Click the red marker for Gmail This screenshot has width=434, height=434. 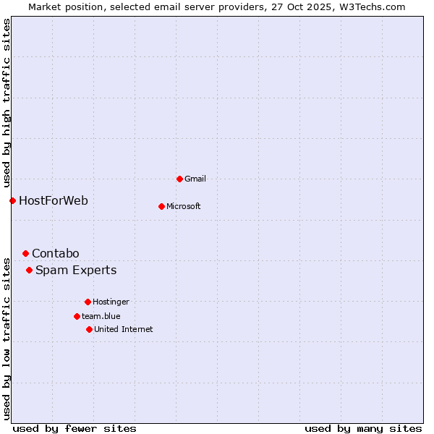coord(179,179)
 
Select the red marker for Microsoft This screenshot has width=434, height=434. coord(161,206)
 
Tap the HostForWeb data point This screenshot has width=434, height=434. coord(12,200)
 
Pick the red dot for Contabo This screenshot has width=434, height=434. coord(25,253)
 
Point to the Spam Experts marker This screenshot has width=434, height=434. coord(29,271)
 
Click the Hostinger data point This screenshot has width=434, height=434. coord(88,302)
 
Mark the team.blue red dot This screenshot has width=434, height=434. coord(77,316)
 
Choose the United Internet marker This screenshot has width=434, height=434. coord(89,329)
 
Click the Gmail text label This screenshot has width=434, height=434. coord(195,179)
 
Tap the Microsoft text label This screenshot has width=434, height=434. coord(184,206)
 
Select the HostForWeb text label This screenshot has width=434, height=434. coord(54,200)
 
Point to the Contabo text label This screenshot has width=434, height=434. coord(56,253)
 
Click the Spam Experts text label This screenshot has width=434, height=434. coord(76,271)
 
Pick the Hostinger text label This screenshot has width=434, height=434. coord(111,302)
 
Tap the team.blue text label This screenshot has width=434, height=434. coord(101,316)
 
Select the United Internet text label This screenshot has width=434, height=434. coord(124,329)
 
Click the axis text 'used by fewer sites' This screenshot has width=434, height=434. coord(75,429)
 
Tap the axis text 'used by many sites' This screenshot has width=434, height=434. coord(363,429)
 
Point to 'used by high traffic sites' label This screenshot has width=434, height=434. coord(7,103)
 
